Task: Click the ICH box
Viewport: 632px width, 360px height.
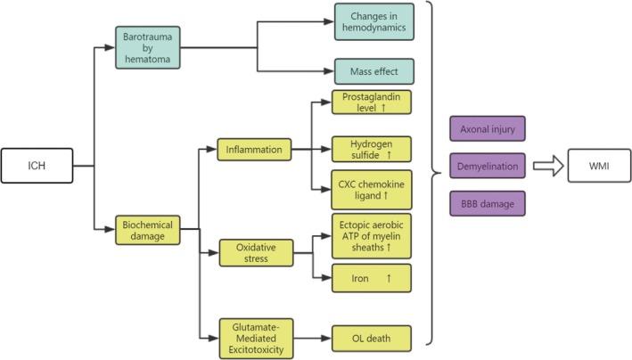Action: click(36, 165)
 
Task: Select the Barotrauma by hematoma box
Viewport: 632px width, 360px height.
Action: click(149, 45)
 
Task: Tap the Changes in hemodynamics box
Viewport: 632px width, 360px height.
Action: click(373, 24)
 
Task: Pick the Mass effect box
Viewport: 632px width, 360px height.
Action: click(373, 71)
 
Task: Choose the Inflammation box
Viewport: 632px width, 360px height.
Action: click(254, 150)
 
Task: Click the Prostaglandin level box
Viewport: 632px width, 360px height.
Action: click(372, 106)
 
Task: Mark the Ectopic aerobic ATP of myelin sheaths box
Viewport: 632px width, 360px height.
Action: click(372, 234)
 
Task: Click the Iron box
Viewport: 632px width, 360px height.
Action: click(372, 278)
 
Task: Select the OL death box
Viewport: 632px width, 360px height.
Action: click(372, 339)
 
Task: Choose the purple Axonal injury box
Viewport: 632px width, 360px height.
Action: click(488, 130)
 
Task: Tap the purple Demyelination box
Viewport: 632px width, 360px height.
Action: click(488, 166)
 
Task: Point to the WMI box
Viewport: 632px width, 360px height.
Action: click(599, 166)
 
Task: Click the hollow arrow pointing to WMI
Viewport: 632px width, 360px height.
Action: click(545, 166)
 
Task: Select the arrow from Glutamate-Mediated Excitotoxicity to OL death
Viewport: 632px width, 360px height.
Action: click(311, 339)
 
